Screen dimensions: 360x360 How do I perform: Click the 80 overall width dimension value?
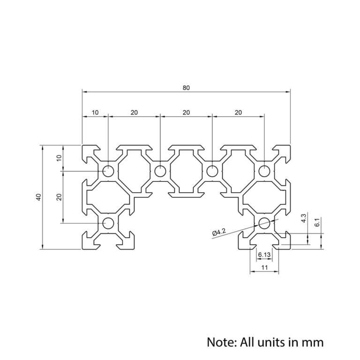coord(186,87)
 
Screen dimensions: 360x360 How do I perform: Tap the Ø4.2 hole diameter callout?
coord(219,232)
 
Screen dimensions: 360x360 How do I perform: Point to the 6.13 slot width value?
coord(264,255)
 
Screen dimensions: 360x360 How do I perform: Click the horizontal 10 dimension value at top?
coord(95,112)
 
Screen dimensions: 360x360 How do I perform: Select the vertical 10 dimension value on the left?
coord(59,158)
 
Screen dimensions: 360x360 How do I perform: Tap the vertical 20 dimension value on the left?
coord(59,197)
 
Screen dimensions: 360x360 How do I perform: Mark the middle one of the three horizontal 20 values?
coord(186,112)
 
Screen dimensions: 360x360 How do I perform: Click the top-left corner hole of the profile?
coord(108,171)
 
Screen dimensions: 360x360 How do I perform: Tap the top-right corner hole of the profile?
coord(264,171)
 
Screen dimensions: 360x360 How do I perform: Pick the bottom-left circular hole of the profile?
coord(108,223)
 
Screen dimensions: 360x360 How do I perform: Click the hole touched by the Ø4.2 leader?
coord(264,223)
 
